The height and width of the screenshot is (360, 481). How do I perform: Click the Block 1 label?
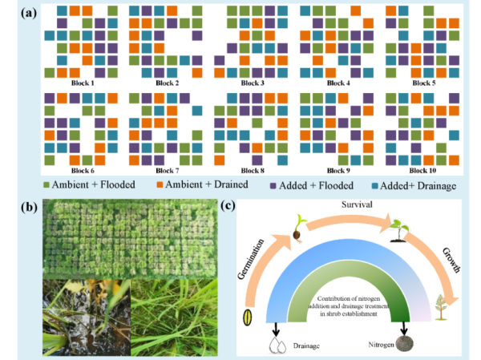pyautogui.click(x=81, y=83)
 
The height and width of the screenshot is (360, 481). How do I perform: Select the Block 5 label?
pyautogui.click(x=423, y=83)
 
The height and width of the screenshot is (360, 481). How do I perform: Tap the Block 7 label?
pyautogui.click(x=168, y=171)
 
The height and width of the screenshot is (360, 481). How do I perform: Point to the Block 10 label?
pyautogui.click(x=423, y=171)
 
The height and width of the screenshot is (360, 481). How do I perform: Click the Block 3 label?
pyautogui.click(x=253, y=83)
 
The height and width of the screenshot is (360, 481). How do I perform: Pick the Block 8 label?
pyautogui.click(x=253, y=171)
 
